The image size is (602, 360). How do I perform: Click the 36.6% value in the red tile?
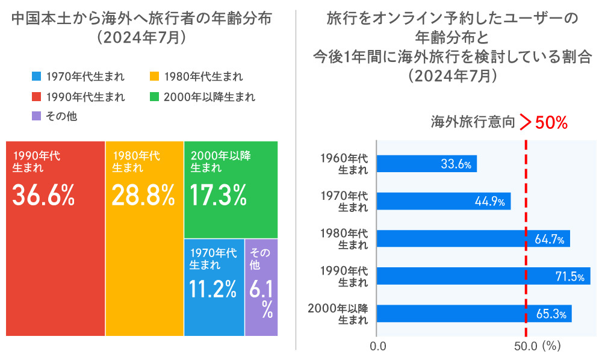click(x=43, y=194)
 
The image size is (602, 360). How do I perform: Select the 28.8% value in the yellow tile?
click(x=143, y=194)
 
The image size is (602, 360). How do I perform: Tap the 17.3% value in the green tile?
click(x=218, y=194)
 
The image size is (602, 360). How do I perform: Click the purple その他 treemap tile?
click(x=261, y=288)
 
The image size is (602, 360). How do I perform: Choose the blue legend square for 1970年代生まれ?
click(x=36, y=76)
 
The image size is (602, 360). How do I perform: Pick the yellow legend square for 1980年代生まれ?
click(x=154, y=76)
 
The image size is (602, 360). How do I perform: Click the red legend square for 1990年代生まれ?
click(x=36, y=96)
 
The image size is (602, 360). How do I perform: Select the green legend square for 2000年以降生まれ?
click(x=154, y=96)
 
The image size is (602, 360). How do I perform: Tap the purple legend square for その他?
click(x=36, y=116)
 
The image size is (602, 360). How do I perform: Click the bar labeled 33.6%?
click(x=426, y=164)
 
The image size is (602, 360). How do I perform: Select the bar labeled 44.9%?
click(x=443, y=201)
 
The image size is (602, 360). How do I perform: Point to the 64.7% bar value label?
click(x=550, y=239)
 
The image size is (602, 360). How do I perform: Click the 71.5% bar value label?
click(x=569, y=276)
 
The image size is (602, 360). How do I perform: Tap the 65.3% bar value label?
click(x=551, y=314)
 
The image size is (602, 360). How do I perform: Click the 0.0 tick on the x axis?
click(x=378, y=347)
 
